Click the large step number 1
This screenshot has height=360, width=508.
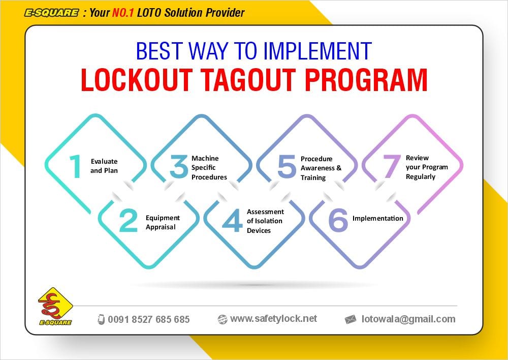click(x=76, y=166)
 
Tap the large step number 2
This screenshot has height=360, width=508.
click(x=129, y=221)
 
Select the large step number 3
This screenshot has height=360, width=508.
click(x=179, y=166)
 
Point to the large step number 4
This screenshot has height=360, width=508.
click(x=232, y=220)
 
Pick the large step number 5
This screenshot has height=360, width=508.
click(x=287, y=166)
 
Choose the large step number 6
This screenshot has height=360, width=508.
click(x=338, y=220)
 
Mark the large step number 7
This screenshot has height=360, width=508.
click(x=392, y=166)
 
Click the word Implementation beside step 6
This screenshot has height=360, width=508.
click(x=378, y=218)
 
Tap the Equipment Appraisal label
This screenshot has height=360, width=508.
click(x=163, y=222)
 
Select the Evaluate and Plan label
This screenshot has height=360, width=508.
click(x=104, y=166)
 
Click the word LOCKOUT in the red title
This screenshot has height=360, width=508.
click(x=137, y=80)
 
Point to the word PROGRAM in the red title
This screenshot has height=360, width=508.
click(x=366, y=80)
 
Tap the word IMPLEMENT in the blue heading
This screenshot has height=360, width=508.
click(x=317, y=51)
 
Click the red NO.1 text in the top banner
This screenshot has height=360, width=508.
click(x=123, y=13)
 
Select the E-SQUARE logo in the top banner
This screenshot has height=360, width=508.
click(x=51, y=13)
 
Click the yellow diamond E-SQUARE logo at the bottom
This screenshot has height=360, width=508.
click(x=55, y=306)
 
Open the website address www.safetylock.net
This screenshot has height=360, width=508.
click(x=274, y=319)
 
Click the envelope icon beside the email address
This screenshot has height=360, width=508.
click(x=350, y=319)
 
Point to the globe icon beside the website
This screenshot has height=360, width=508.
click(x=223, y=319)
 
